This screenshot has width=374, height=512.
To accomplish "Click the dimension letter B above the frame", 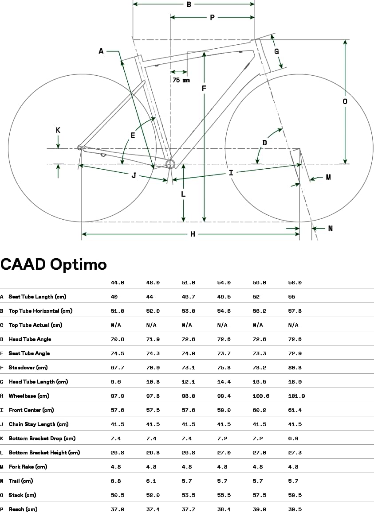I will click(x=189, y=4).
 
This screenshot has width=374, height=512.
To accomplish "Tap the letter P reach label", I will click(x=212, y=18).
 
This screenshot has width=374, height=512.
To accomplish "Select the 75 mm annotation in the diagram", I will click(x=181, y=80).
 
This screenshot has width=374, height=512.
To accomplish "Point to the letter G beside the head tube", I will click(x=276, y=51).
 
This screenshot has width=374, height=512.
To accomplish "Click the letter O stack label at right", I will click(x=345, y=101).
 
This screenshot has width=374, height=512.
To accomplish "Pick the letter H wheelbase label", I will click(x=193, y=234).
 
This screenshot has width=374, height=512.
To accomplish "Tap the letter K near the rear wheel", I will click(x=58, y=130).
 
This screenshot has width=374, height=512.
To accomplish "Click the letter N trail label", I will click(x=330, y=229).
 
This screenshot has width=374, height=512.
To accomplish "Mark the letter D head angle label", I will click(x=264, y=143).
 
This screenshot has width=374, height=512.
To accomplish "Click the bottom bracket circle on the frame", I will click(x=170, y=164).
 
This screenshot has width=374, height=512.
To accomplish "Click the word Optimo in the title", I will click(x=78, y=264).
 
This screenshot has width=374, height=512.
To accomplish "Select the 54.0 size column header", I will click(x=224, y=283).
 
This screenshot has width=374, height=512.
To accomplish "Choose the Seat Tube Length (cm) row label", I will click(x=37, y=297).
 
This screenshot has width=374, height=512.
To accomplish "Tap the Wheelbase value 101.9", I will click(x=296, y=396).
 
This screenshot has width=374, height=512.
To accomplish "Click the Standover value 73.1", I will click(x=188, y=368).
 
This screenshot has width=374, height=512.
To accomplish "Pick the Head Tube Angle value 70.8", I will click(x=117, y=339).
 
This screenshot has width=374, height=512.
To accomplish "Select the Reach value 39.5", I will click(x=295, y=509).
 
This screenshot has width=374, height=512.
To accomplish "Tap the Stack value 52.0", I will click(x=153, y=495).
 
